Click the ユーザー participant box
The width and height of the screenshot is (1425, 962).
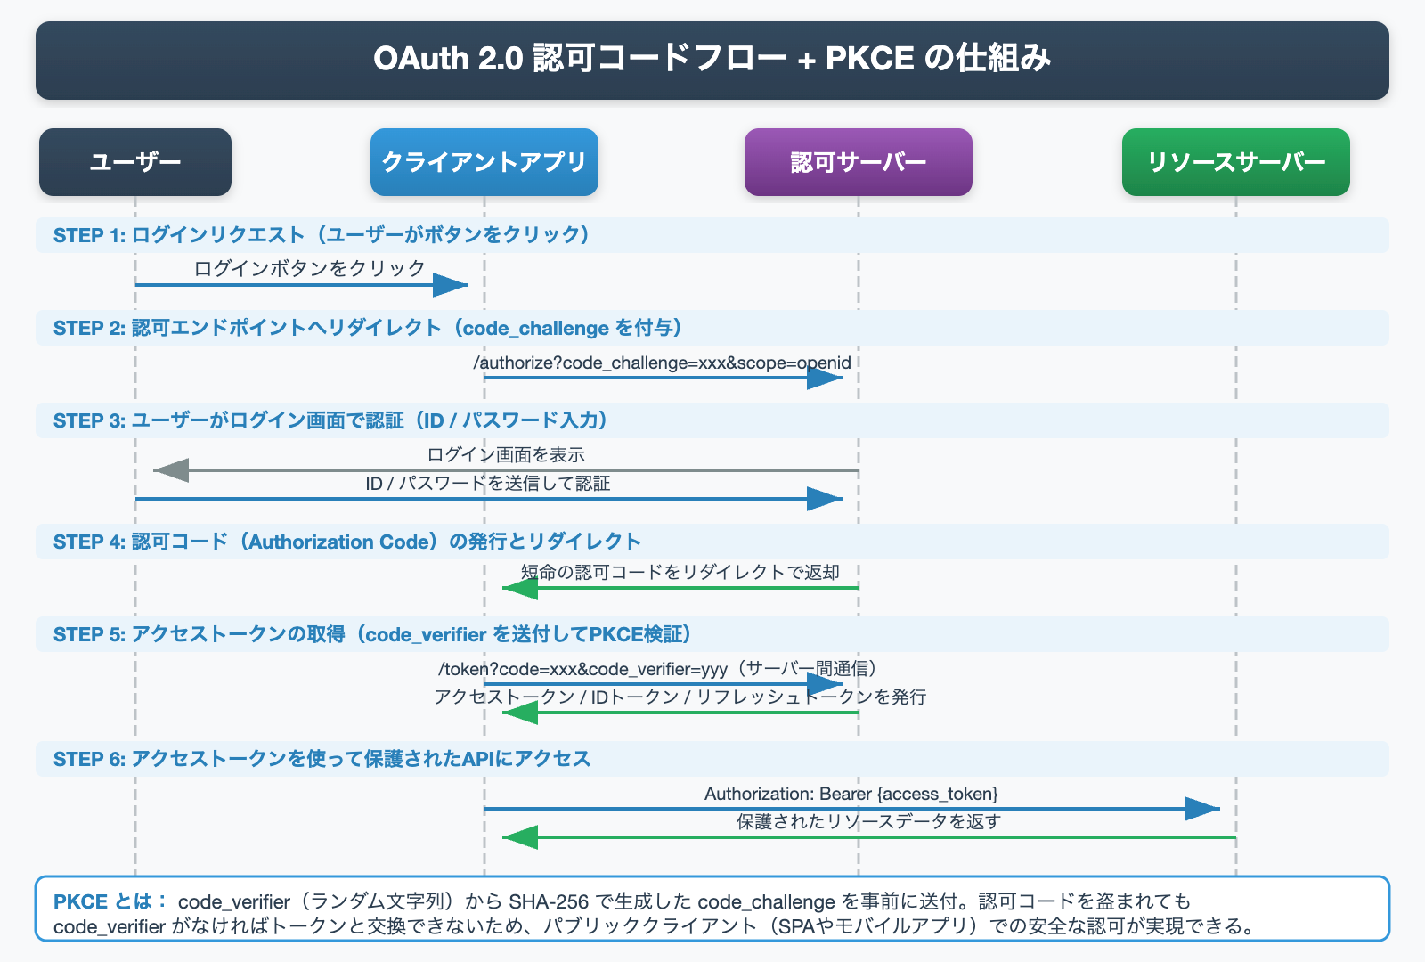tap(135, 162)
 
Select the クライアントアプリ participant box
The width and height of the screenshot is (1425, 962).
tap(484, 162)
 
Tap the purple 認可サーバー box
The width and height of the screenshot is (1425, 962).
tap(859, 162)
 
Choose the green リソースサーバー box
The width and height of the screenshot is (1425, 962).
tap(1236, 162)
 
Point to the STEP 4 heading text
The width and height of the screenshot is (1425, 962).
tap(347, 542)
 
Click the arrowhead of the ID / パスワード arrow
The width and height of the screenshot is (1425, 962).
tap(824, 499)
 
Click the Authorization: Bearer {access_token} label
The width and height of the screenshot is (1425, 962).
tap(851, 794)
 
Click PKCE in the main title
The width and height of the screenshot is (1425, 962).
tap(869, 59)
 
